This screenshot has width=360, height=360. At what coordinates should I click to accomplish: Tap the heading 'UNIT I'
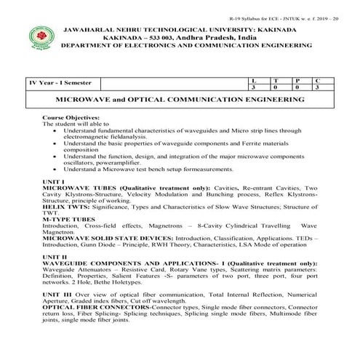coord(54,180)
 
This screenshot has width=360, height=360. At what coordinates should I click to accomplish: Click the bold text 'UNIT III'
coord(57,297)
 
